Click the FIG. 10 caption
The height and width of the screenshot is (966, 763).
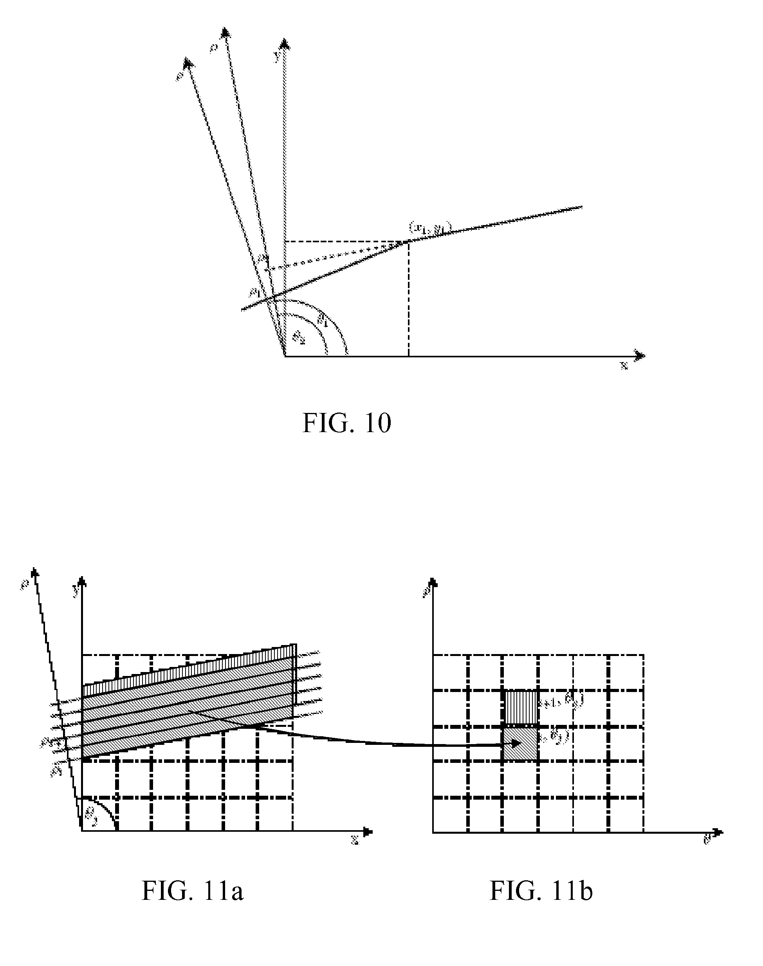(346, 424)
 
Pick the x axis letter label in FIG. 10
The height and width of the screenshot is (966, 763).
(624, 366)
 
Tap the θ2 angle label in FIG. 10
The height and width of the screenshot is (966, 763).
(298, 338)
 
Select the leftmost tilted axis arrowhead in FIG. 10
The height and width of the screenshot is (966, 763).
(189, 63)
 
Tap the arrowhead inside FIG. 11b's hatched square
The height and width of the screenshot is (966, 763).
(516, 744)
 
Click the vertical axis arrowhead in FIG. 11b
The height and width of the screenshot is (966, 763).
(433, 582)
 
